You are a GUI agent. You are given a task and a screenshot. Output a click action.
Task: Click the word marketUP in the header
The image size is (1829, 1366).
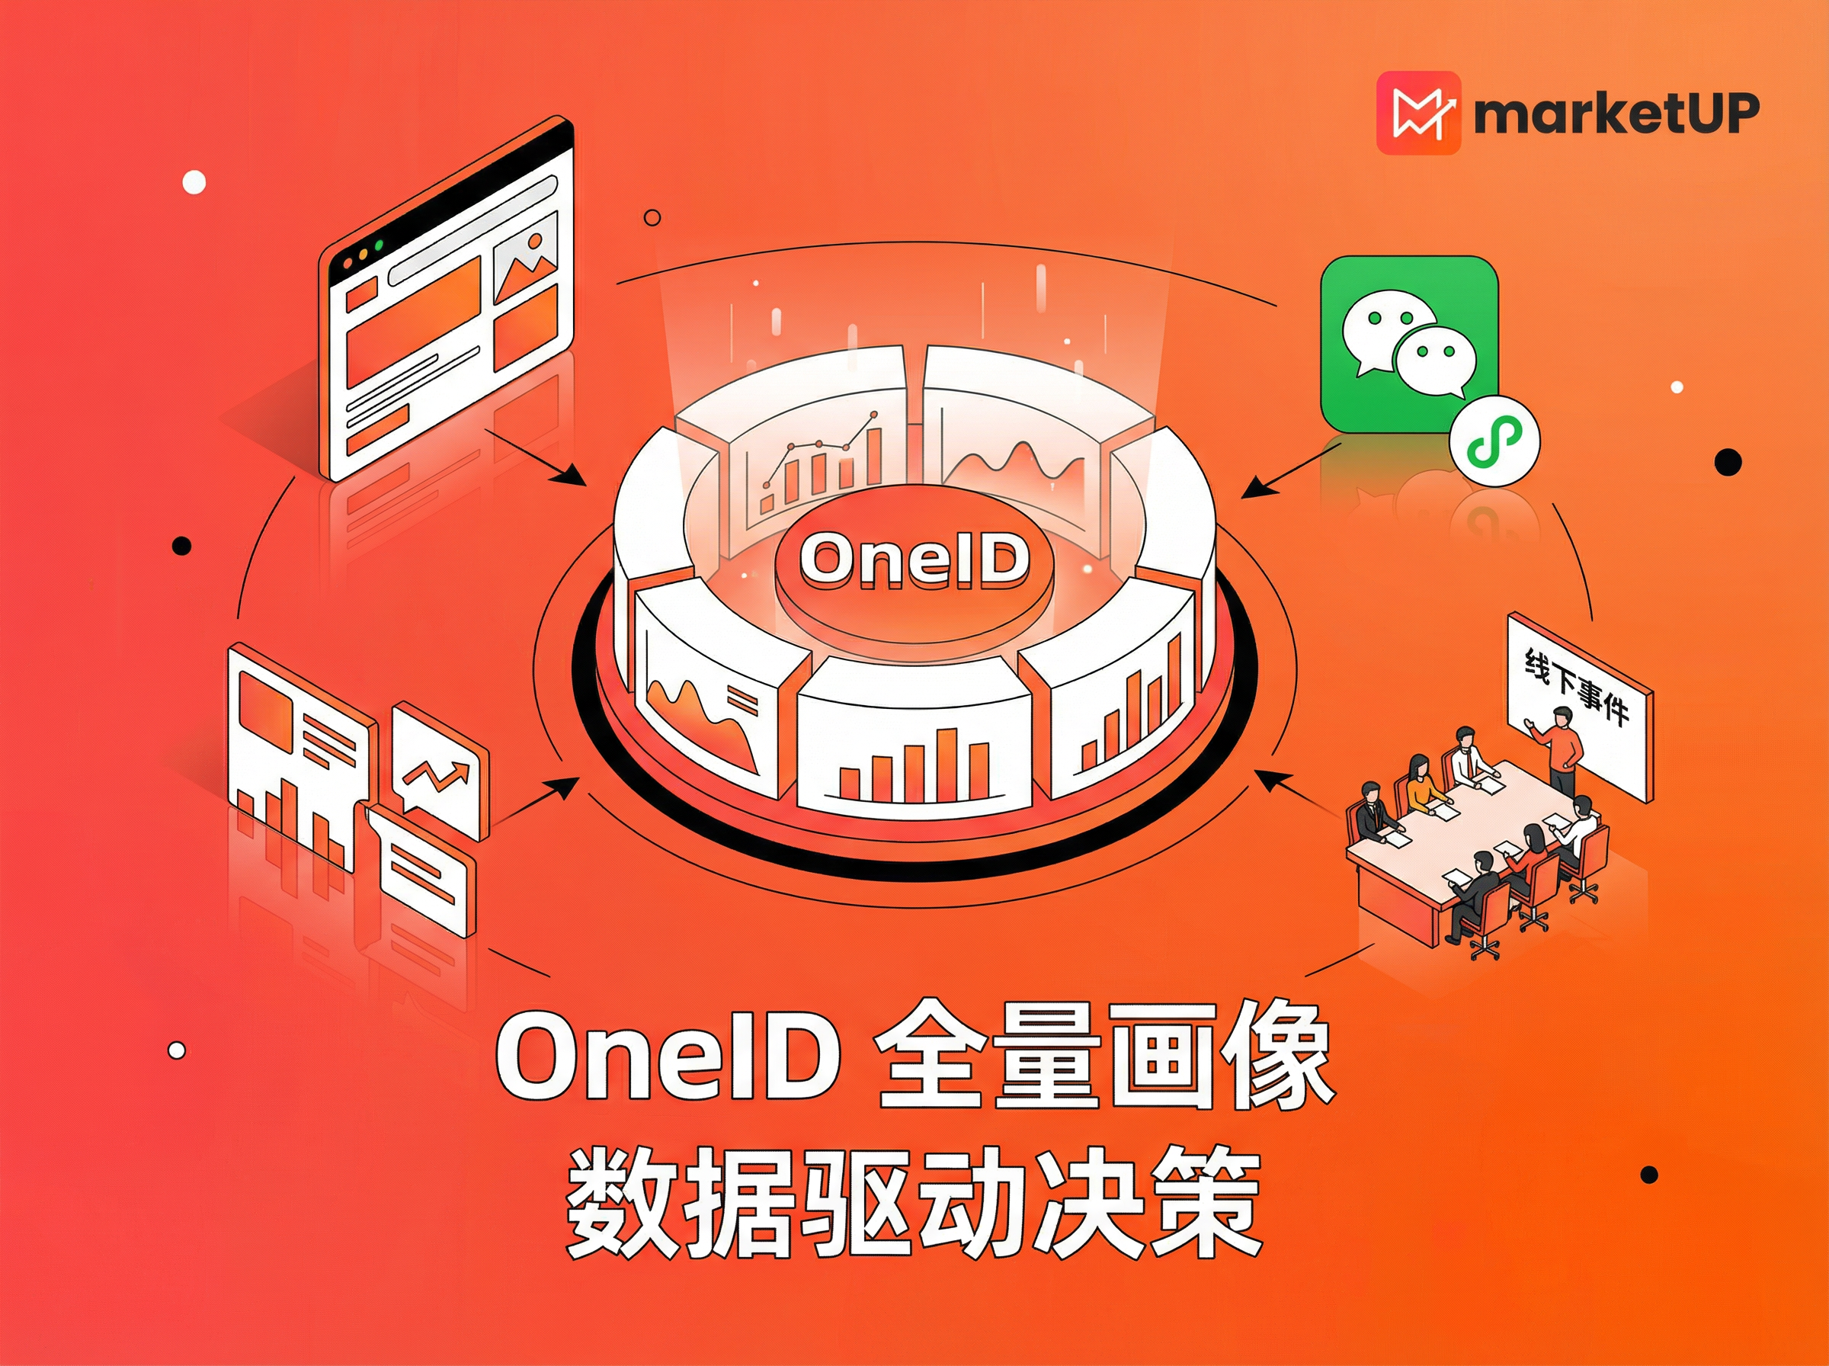1616,114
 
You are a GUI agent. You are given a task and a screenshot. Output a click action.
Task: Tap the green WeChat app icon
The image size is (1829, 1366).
1408,343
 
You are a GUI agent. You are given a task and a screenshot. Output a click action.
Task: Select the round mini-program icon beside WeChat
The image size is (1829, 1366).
1495,440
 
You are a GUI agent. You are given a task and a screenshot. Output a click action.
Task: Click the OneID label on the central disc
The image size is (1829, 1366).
914,560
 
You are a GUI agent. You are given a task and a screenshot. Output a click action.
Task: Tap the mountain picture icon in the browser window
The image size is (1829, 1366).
527,261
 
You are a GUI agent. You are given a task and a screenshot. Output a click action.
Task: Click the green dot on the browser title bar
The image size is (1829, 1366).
380,245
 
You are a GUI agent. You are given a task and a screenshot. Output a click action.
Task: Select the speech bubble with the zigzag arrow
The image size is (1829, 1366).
437,768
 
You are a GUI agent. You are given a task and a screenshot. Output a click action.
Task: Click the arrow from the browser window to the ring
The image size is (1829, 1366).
537,457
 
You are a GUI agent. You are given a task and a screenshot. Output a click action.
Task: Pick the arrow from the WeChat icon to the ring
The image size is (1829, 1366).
1289,470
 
